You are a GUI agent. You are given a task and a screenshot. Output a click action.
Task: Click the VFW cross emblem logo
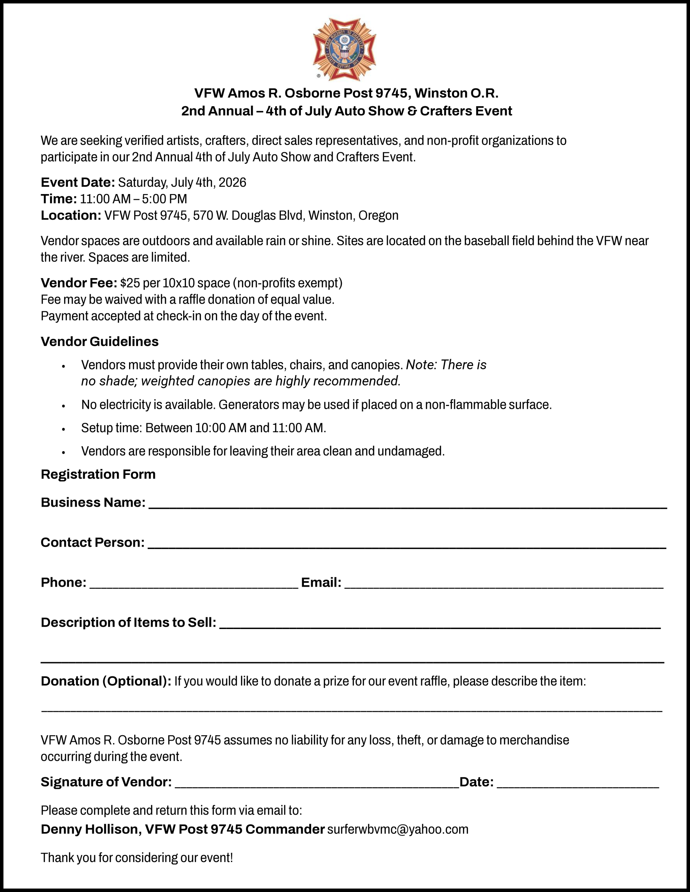pyautogui.click(x=344, y=49)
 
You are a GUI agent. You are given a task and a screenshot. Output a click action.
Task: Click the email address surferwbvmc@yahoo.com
pyautogui.click(x=397, y=829)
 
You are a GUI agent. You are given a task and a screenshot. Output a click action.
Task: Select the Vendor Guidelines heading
pyautogui.click(x=99, y=342)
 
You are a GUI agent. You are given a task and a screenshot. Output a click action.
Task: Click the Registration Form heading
pyautogui.click(x=98, y=474)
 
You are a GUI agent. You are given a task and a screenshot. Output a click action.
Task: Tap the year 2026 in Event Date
pyautogui.click(x=232, y=182)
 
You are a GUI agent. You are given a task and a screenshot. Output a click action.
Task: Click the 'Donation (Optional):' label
pyautogui.click(x=106, y=681)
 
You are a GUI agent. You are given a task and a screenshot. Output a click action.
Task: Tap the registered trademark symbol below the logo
pyautogui.click(x=319, y=75)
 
